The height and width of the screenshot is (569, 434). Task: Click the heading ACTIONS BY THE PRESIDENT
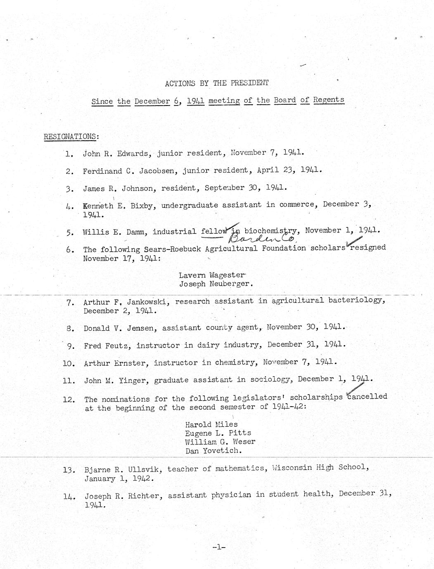click(x=217, y=83)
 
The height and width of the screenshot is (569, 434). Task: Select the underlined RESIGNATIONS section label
click(x=71, y=136)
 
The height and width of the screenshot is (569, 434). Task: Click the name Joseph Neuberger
click(x=215, y=284)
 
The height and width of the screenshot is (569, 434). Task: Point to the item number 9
click(x=70, y=346)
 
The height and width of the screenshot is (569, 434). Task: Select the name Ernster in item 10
click(x=130, y=363)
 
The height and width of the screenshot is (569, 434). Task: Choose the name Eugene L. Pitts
click(x=218, y=433)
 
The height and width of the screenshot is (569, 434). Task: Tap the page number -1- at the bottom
click(x=218, y=547)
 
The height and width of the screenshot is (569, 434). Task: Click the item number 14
click(x=69, y=497)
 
